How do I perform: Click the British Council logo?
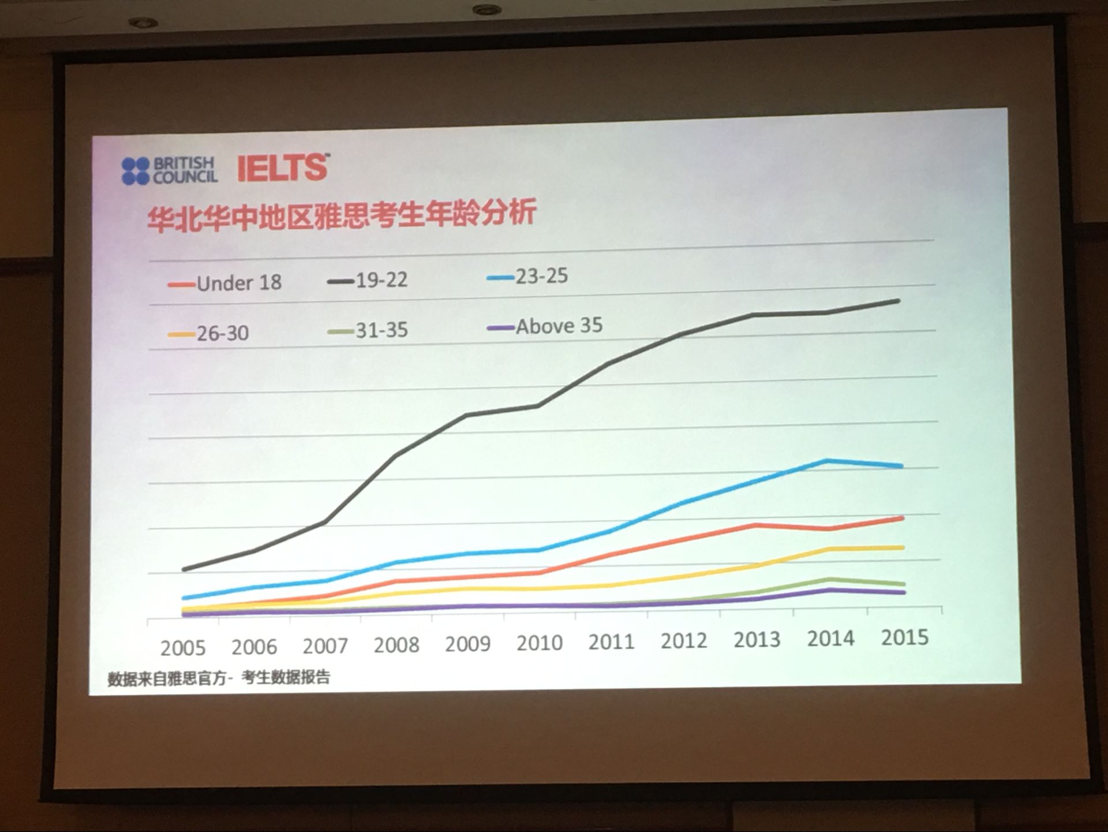169,171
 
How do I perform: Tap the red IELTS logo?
283,168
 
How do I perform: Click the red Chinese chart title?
342,214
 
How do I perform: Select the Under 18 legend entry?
226,283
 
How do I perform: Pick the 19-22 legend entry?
368,281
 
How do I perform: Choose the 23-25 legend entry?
527,277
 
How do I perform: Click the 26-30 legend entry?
209,333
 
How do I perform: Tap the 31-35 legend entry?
368,330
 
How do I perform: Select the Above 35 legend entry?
545,327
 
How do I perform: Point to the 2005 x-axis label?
183,648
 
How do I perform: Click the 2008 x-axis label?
396,645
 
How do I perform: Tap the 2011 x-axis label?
611,642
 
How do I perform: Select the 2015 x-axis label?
905,637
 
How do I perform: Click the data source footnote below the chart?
219,678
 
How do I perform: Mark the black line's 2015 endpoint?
898,301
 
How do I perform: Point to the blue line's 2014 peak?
828,461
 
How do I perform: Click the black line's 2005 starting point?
184,570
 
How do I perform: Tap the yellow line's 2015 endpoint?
902,547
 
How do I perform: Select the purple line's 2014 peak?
829,590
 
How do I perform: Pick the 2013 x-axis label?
757,640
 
